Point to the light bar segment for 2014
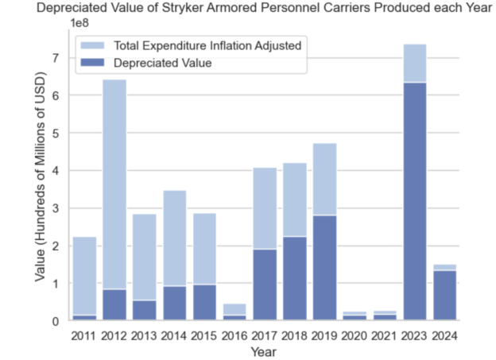pos(174,238)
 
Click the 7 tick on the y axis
pos(56,58)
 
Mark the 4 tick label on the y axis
pos(56,171)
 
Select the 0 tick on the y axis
pos(56,321)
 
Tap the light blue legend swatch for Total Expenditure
pos(93,45)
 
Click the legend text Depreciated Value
pos(163,63)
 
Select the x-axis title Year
pos(265,350)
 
